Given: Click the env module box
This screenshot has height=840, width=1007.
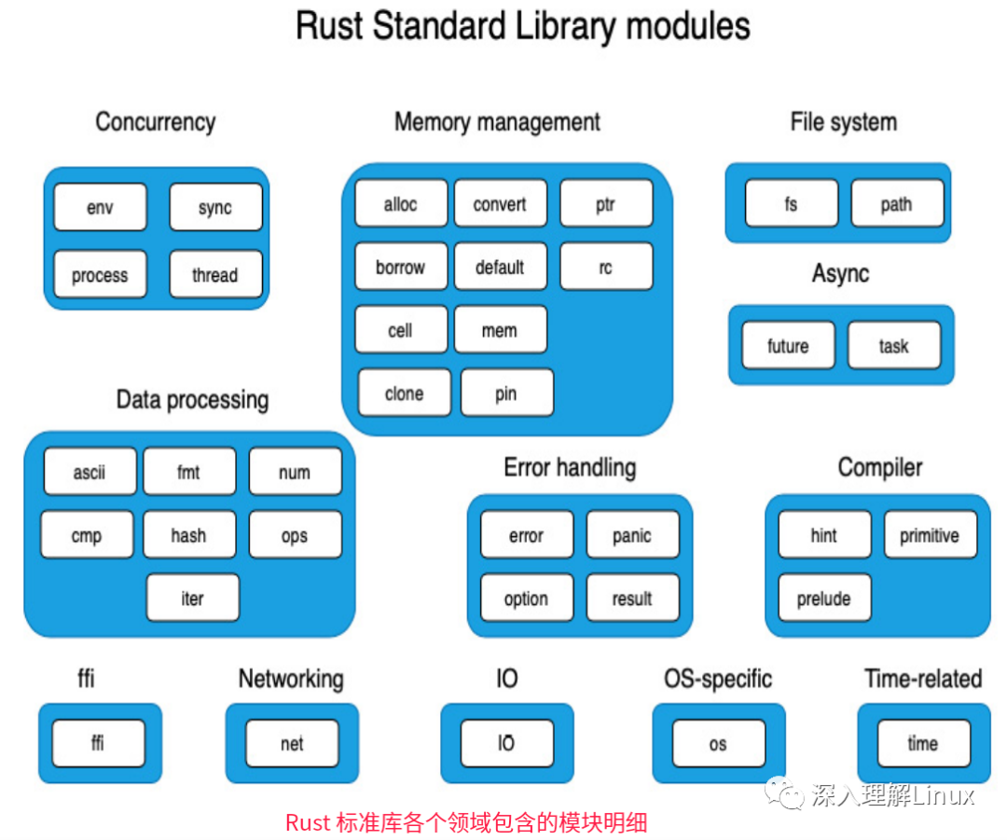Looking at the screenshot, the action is coord(100,207).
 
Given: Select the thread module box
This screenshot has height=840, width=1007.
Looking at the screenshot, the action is coord(215,274).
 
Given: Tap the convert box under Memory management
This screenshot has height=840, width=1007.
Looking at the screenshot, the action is coord(501,203).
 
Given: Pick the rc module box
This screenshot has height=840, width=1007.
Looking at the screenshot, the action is coord(606,267).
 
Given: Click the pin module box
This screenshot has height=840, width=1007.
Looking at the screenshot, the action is coord(506,392).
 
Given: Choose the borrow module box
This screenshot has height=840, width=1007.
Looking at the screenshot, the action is coord(401,267).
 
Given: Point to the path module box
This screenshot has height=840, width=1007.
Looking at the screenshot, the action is coord(897,203).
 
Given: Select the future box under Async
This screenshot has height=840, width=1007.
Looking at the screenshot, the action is coord(788,346).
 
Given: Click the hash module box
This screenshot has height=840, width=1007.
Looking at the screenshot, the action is coord(189,534).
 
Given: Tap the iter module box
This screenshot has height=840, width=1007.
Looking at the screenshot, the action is coord(193,598).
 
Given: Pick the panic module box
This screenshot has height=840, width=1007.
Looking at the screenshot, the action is coord(632,534).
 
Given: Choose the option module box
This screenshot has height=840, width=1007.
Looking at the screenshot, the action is coord(527,598).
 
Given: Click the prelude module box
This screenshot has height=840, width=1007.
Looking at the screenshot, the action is coord(824,598).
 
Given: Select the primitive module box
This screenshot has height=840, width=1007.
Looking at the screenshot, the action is coord(931,534).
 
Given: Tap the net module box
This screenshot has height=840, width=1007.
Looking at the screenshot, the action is coord(292,743).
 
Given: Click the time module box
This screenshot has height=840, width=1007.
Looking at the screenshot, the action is coord(923,743).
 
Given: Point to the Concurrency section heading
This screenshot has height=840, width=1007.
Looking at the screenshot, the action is coord(156,122).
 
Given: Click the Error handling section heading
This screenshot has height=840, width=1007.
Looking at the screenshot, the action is coord(571,467).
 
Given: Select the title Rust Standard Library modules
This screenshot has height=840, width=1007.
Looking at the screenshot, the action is coord(523,26).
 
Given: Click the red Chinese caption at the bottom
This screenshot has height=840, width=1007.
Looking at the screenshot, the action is coord(466,822).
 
